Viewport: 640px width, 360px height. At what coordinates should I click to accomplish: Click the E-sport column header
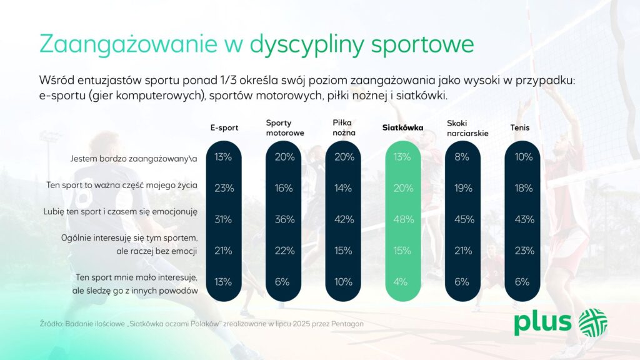224,127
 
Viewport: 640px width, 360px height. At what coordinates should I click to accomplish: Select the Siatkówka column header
402,127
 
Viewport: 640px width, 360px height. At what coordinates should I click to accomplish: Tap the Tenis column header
519,127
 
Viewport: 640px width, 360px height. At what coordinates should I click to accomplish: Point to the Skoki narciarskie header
467,128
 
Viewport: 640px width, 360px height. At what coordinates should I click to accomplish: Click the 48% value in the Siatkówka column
403,219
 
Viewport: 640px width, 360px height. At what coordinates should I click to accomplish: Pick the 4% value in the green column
401,282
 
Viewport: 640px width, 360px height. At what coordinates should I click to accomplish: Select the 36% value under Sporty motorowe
284,219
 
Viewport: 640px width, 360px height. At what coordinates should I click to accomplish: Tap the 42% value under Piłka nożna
344,219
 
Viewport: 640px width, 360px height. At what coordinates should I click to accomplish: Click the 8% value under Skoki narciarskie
462,157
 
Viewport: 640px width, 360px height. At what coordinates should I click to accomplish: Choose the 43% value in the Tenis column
524,219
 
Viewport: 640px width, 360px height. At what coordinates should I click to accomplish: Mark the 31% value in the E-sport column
223,219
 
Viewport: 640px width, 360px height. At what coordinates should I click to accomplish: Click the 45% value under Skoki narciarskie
464,219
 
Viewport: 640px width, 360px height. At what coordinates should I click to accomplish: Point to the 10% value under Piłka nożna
343,282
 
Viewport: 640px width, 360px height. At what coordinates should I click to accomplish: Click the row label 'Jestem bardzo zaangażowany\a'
134,159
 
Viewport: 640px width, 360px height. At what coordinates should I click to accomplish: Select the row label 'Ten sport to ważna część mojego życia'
122,185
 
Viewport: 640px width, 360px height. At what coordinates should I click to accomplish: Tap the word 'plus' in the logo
542,322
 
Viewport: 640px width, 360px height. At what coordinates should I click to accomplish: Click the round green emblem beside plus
593,322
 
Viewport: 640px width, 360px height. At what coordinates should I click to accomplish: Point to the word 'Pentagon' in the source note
347,324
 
